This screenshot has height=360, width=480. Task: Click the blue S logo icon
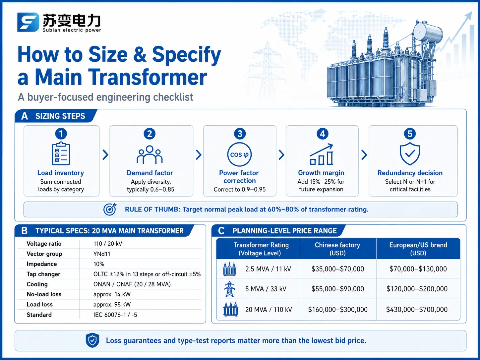(x=28, y=22)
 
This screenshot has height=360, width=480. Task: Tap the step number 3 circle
(x=240, y=134)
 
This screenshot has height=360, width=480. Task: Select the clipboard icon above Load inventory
(x=61, y=153)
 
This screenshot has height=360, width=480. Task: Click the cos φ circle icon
(x=239, y=154)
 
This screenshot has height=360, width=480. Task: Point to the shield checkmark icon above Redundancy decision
(x=410, y=153)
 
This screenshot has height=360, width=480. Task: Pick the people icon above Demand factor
(x=150, y=155)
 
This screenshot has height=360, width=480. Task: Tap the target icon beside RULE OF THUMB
(x=110, y=209)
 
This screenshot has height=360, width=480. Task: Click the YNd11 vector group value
(x=102, y=254)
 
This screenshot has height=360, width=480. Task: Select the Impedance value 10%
(x=99, y=264)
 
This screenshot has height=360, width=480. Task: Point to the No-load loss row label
(x=44, y=294)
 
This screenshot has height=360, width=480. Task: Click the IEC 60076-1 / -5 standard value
(x=115, y=315)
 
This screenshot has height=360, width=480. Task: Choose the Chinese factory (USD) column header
(x=337, y=249)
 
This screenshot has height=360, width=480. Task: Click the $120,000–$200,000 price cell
(x=417, y=289)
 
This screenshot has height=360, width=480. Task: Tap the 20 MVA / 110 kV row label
(x=269, y=309)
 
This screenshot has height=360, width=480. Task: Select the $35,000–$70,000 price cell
(x=338, y=269)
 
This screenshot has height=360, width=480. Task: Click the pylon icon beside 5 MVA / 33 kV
(x=229, y=289)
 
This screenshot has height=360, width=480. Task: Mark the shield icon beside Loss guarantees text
(x=92, y=340)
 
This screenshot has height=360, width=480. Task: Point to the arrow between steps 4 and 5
(x=364, y=155)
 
